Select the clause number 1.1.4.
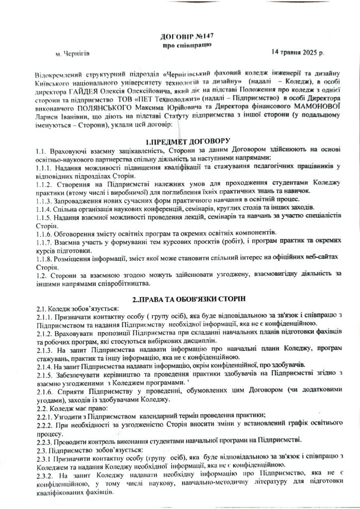coord(44,206)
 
